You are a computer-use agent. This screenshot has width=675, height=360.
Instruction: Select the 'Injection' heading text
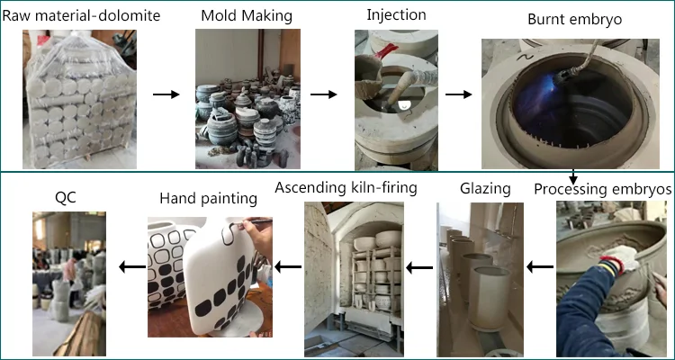(x=397, y=15)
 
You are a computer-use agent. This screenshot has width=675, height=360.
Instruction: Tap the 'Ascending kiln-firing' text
(x=346, y=189)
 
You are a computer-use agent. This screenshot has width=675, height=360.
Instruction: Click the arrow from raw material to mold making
(x=164, y=94)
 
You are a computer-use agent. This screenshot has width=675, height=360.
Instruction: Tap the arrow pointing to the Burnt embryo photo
(x=458, y=94)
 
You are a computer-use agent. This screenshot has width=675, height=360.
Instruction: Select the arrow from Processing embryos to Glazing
(x=539, y=266)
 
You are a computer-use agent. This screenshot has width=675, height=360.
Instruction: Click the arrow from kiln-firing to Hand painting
(x=287, y=266)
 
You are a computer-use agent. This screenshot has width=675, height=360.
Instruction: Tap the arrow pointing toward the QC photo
(x=131, y=266)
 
